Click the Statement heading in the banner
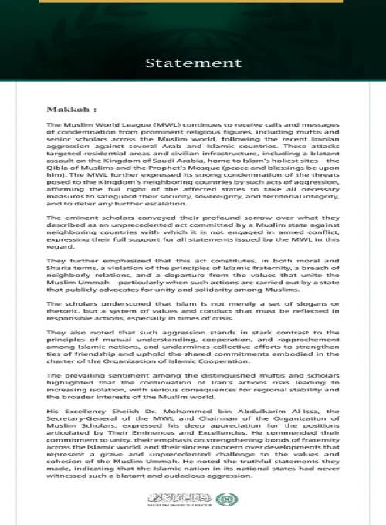(192, 62)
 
